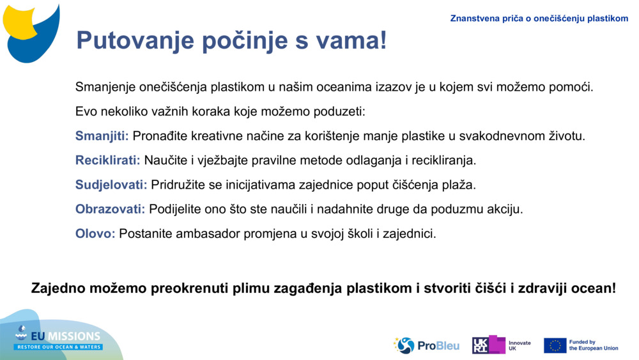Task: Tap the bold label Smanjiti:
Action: click(x=102, y=136)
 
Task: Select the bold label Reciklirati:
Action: click(x=107, y=160)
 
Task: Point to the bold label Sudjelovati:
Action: click(x=111, y=185)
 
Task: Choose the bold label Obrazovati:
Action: click(x=110, y=209)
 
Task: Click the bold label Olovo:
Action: click(x=95, y=233)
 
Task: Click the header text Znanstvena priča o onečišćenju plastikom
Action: click(x=539, y=19)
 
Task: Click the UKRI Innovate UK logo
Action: click(x=501, y=345)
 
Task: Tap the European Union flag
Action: click(x=555, y=345)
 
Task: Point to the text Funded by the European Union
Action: click(x=593, y=345)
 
